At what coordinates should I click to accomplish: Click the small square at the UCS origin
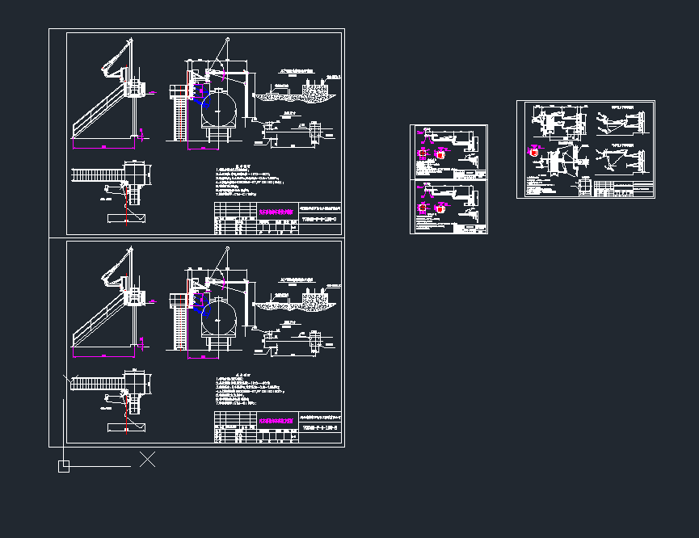[64, 466]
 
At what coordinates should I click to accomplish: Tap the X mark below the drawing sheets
[147, 460]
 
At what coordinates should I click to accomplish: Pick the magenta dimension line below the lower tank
[203, 356]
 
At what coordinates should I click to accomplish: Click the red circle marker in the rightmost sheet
[534, 151]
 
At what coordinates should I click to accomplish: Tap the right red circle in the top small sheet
[440, 153]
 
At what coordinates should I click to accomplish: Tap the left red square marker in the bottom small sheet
[421, 208]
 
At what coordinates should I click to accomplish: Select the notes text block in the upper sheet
[251, 183]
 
